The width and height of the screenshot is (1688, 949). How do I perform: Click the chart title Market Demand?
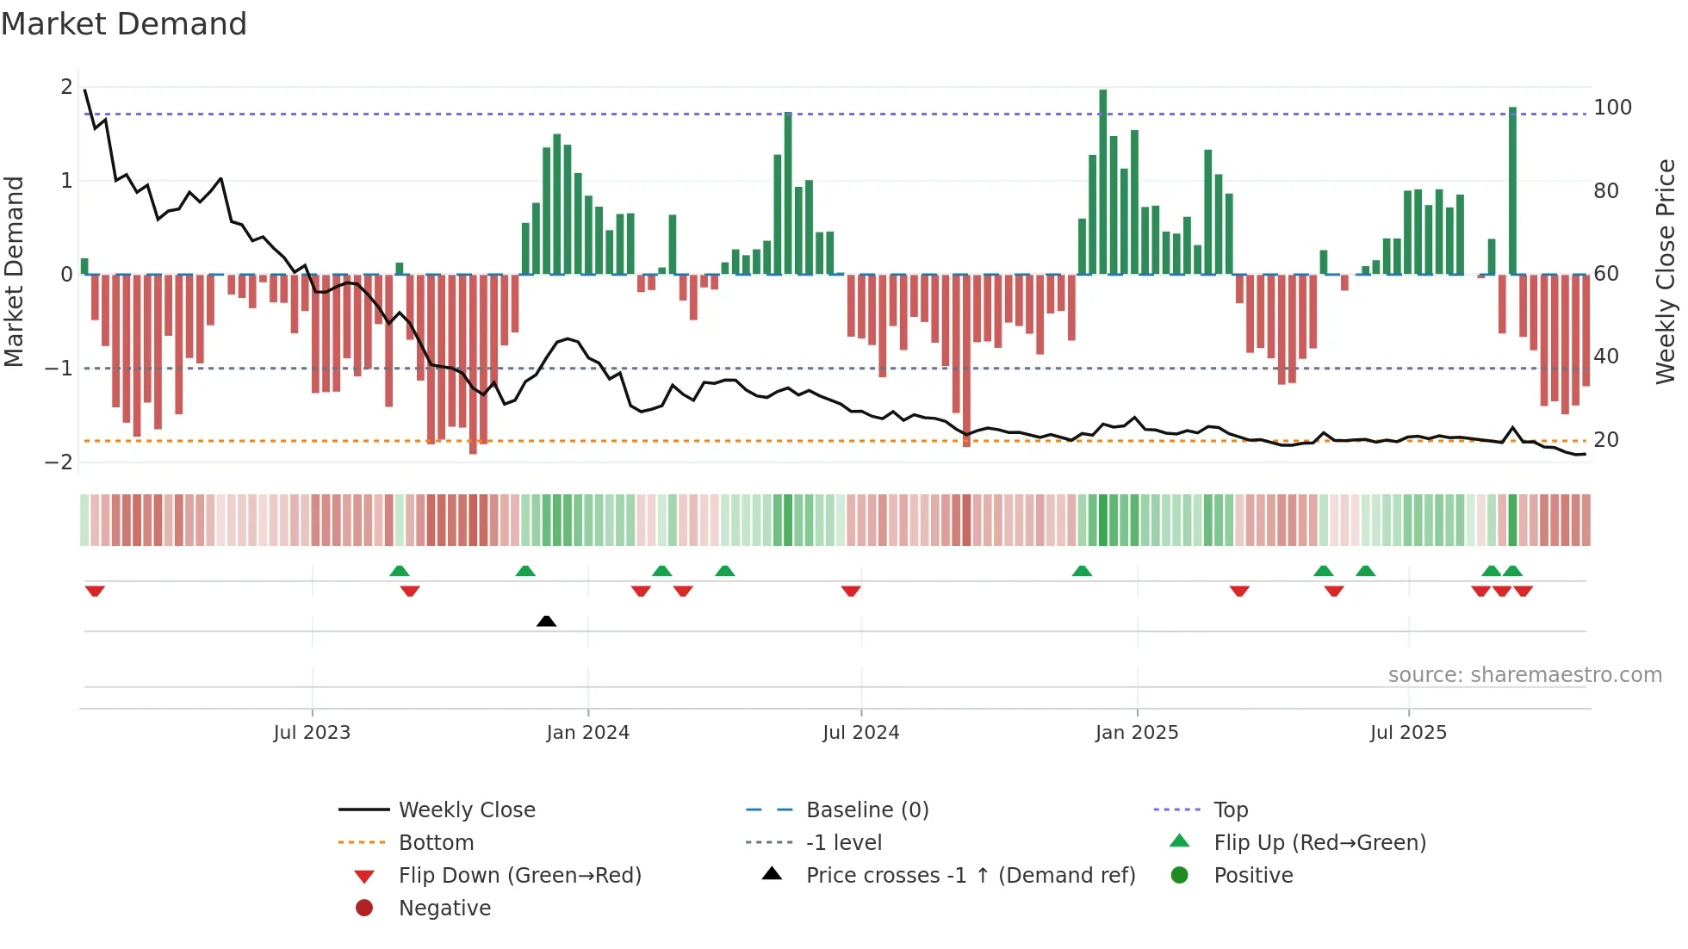coord(124,24)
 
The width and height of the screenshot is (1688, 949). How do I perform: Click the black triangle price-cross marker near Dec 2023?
coord(546,621)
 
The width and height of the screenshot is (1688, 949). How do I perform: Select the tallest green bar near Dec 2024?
coord(1102,181)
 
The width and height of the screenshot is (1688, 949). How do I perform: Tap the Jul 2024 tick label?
coord(860,733)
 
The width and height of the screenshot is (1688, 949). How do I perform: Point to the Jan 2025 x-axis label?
coord(1136,733)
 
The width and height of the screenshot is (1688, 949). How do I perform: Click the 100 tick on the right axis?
coord(1612,108)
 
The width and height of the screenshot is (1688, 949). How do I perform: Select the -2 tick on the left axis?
coord(59,462)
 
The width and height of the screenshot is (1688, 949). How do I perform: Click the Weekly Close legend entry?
coord(466,810)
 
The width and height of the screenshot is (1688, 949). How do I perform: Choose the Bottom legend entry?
coord(436,843)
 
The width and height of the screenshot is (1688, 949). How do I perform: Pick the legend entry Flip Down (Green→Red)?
coord(519,876)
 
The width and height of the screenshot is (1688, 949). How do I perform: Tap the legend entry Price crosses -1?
coord(970,876)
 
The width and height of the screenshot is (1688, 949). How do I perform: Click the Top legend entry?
coord(1230,810)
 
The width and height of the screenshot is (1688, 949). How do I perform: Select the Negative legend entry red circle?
coord(364,909)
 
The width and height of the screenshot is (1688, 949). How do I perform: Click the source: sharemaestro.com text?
coord(1524,675)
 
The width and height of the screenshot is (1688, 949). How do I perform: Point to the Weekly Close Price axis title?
coord(1666,271)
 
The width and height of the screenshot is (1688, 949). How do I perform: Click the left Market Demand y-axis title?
coord(15,271)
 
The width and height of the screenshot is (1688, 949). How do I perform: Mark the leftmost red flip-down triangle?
coord(95,591)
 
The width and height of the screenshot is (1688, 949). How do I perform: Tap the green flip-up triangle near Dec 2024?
coord(1082,571)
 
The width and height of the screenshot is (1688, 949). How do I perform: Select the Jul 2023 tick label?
coord(312,733)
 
